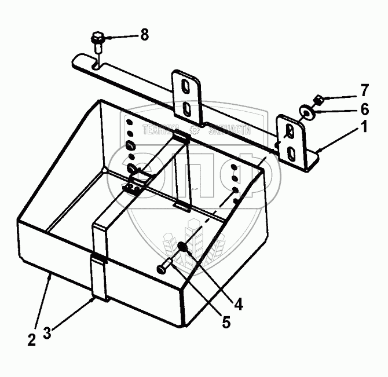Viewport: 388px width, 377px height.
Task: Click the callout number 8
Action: point(144,35)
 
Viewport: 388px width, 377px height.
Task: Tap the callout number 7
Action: point(364,90)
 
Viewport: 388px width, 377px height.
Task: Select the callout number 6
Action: point(364,108)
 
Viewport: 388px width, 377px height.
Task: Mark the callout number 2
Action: point(31,338)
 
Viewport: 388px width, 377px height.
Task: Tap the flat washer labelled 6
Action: point(306,110)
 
